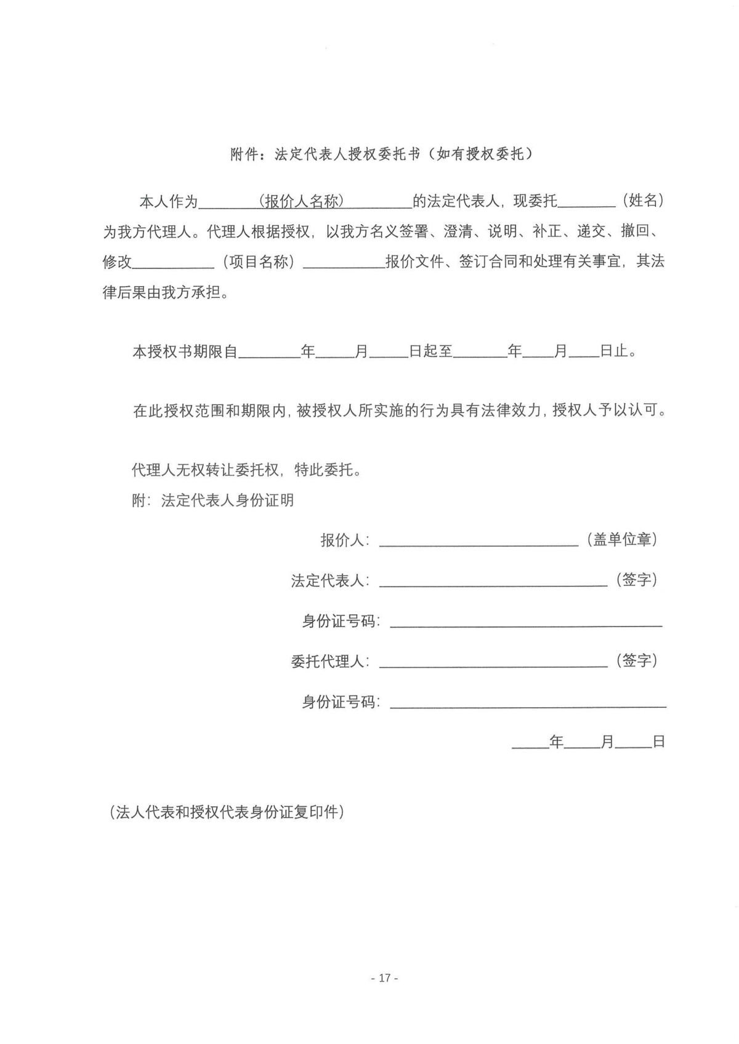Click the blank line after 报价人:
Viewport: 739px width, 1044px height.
point(479,542)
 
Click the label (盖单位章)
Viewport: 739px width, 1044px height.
point(621,540)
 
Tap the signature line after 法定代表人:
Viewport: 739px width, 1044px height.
point(493,582)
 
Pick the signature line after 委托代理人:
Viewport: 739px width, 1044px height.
point(493,662)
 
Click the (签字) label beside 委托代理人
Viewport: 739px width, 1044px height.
point(636,661)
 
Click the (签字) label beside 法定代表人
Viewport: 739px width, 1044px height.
point(636,580)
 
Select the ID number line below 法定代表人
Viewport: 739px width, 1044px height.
point(526,622)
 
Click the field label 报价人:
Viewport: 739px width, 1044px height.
point(345,540)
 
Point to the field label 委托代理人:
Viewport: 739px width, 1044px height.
point(330,662)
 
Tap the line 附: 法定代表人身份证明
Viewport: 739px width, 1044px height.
point(212,500)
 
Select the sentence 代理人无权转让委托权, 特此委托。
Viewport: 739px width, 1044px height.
point(246,470)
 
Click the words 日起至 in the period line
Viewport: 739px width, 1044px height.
point(430,351)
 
